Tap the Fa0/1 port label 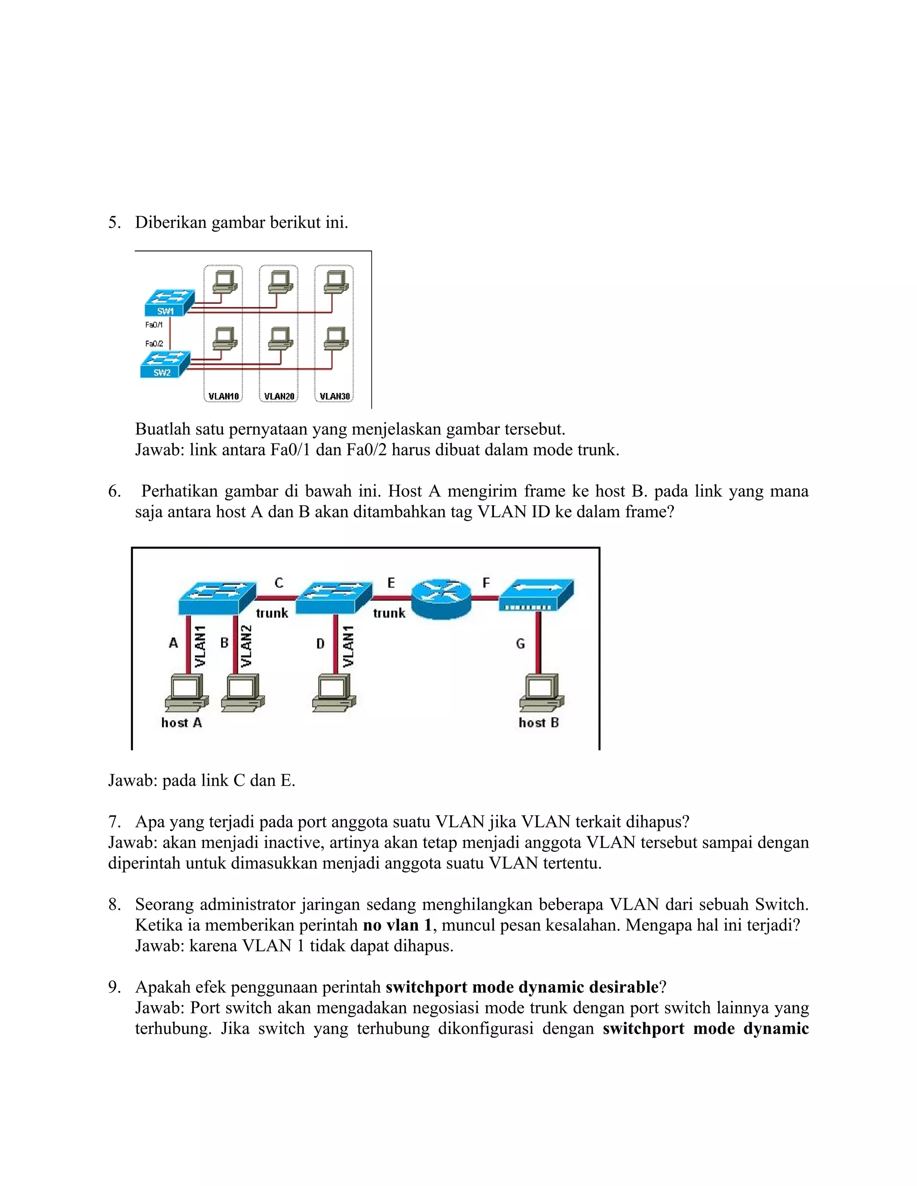pos(154,325)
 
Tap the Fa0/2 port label pos(154,344)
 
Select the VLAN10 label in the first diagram pos(223,397)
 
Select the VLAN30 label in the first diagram pos(334,397)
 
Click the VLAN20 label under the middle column pos(279,397)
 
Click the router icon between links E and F pos(441,598)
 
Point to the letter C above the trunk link pos(279,583)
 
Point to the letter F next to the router pos(486,583)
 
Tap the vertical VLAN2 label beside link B pos(246,646)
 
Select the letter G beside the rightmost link pos(520,644)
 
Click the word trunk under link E pos(389,613)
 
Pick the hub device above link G pos(536,595)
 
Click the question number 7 pos(114,822)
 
